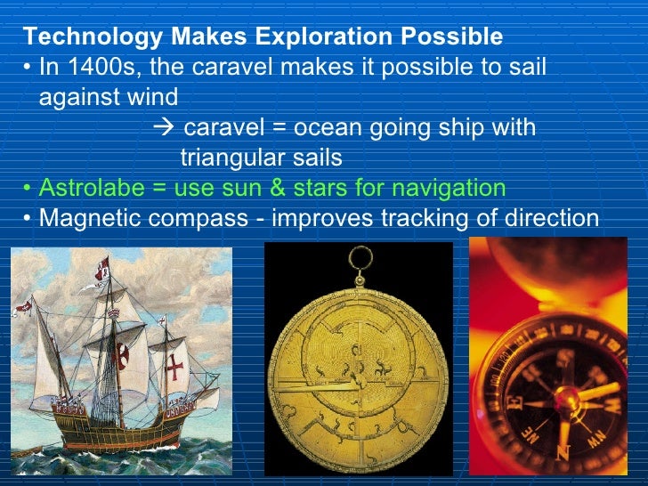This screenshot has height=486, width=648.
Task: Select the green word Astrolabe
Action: click(x=88, y=188)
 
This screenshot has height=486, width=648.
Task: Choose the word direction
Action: click(x=555, y=218)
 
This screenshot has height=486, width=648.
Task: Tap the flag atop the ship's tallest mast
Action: click(x=104, y=265)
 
